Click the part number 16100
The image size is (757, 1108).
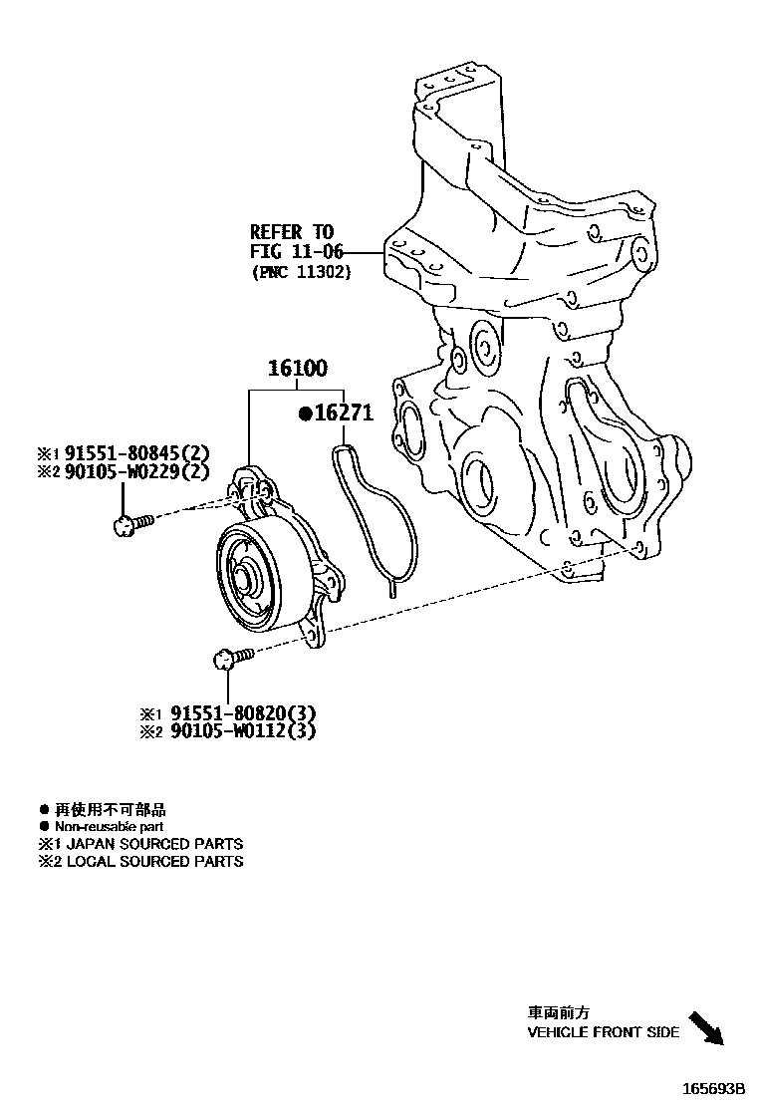[x=296, y=369]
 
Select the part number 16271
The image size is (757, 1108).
[x=345, y=414]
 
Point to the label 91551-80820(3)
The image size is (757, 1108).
[x=242, y=713]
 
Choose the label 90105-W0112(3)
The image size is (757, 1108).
[x=242, y=732]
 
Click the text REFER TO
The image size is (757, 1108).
[x=291, y=232]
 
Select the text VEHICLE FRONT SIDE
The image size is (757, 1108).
[x=603, y=1032]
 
